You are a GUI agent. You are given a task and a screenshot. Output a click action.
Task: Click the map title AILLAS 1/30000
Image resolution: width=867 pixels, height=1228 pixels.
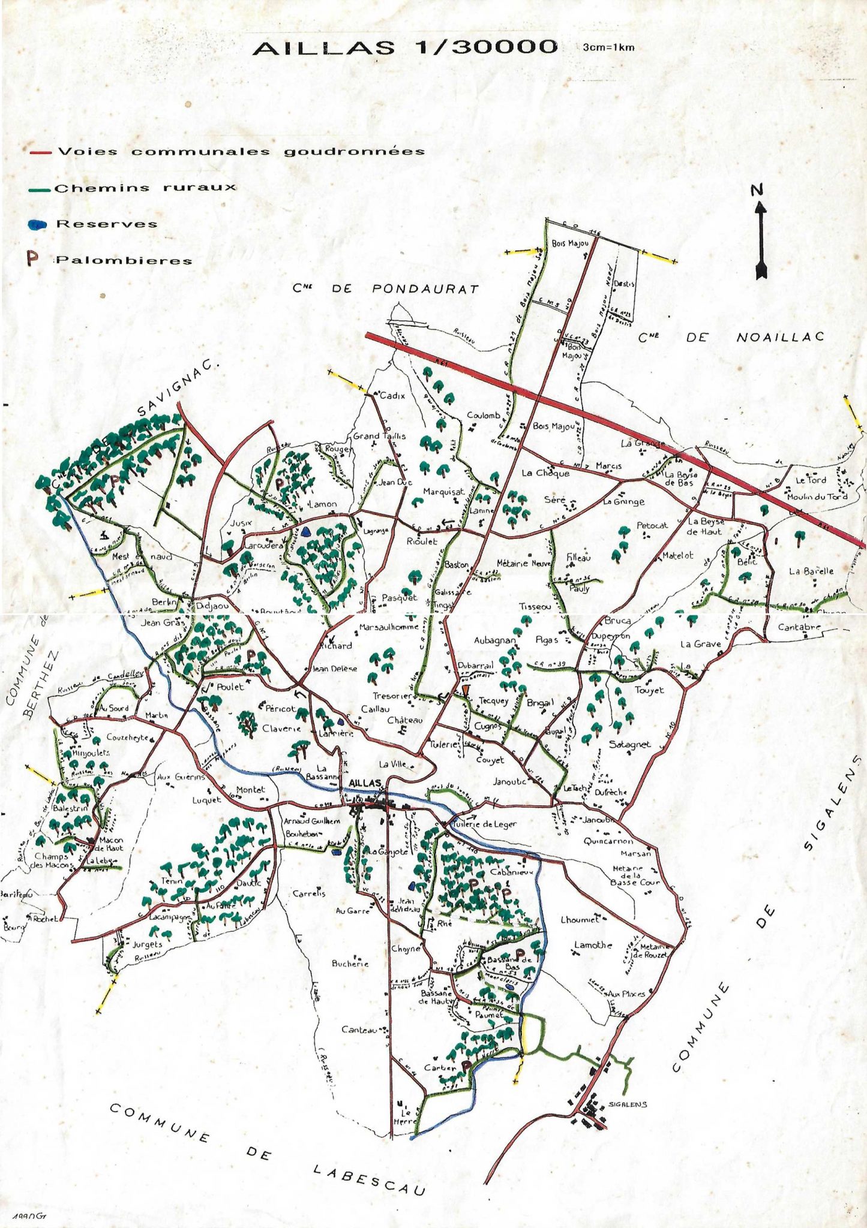coord(405,47)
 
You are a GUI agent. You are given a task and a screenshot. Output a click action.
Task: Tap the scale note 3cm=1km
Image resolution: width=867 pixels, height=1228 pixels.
coord(608,47)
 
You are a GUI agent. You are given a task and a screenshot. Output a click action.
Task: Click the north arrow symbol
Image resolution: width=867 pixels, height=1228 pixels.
coord(760,240)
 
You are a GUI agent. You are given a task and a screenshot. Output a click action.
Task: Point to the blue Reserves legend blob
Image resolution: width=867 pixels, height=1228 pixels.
coord(37,224)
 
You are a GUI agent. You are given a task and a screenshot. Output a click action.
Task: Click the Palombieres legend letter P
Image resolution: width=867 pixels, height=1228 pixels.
coord(32,259)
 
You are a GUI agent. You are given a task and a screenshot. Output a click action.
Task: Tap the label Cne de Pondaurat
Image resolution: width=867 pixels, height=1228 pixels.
coord(386,288)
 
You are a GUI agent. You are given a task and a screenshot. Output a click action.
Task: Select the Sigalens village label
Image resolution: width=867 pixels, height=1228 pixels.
coord(627,1104)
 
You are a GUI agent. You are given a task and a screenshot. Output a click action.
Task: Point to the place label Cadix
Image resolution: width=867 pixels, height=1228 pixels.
coord(392,396)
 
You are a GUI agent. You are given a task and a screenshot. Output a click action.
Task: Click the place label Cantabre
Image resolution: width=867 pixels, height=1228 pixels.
coord(799,628)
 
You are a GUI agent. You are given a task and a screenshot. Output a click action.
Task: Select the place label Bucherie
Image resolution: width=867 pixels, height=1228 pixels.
coord(350,963)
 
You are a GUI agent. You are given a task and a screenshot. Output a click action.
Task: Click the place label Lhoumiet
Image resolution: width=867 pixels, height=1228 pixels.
coord(580,919)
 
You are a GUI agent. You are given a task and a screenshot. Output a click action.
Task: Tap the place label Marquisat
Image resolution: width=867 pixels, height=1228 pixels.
coord(443,492)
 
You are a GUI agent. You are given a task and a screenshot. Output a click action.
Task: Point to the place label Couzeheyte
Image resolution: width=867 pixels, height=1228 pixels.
coord(127,737)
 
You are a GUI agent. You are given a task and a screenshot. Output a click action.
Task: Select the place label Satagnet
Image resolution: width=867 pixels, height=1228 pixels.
coord(629,744)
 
